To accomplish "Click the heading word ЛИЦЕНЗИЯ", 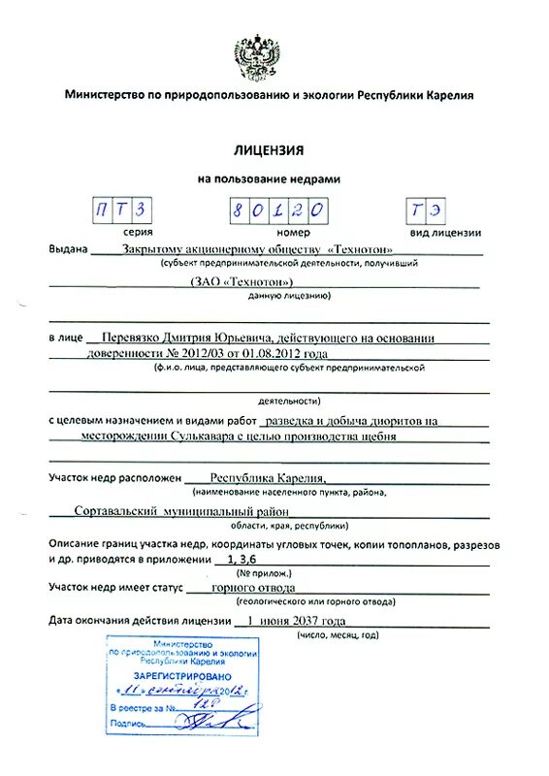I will pyautogui.click(x=269, y=151).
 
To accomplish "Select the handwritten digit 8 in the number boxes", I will pyautogui.click(x=239, y=210).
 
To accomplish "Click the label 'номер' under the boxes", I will pyautogui.click(x=292, y=233).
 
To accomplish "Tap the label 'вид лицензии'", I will pyautogui.click(x=445, y=233).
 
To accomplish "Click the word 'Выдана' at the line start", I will pyautogui.click(x=69, y=249).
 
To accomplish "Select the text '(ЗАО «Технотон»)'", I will pyautogui.click(x=242, y=281).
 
